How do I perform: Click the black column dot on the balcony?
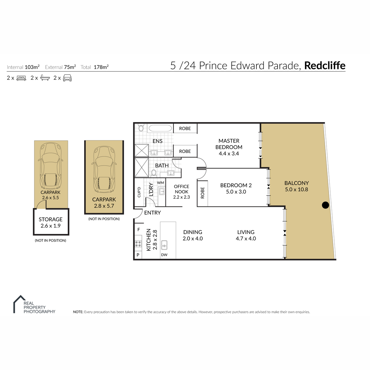click(x=325, y=205)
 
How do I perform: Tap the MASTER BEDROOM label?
click(x=229, y=144)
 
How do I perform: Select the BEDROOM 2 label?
click(x=236, y=185)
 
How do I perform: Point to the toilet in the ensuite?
click(x=141, y=128)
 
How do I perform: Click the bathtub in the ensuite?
click(x=160, y=128)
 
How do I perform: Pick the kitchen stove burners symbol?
click(x=138, y=244)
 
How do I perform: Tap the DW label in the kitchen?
click(x=164, y=255)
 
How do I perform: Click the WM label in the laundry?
click(x=161, y=183)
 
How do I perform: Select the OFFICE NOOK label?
click(x=181, y=189)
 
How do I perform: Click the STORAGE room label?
click(x=51, y=219)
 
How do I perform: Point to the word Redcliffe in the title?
click(x=325, y=65)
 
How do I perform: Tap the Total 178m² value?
click(x=101, y=67)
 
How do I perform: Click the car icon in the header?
click(x=67, y=78)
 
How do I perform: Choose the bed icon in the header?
click(x=21, y=78)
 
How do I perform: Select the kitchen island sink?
click(x=164, y=245)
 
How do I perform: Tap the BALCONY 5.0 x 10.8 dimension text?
click(x=296, y=189)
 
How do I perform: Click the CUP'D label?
click(x=139, y=192)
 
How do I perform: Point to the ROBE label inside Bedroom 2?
click(x=202, y=193)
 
